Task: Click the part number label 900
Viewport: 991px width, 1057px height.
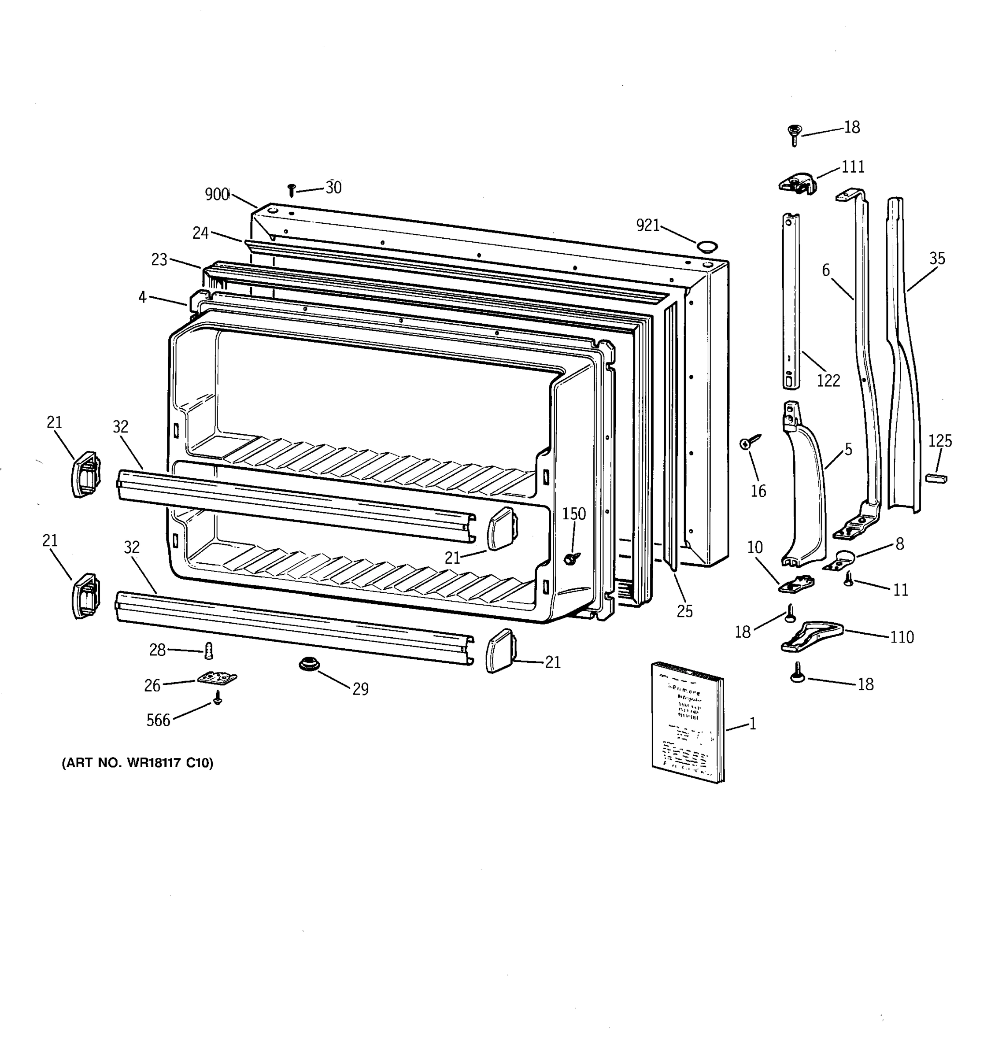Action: (217, 195)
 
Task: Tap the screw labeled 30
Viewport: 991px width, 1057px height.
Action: (291, 190)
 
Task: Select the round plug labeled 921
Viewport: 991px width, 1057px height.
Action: (706, 246)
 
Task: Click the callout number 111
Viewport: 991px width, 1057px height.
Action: (853, 167)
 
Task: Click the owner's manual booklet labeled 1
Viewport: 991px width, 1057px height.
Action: (688, 721)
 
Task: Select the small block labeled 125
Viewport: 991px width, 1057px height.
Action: (936, 478)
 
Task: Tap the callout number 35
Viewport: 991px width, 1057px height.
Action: (937, 259)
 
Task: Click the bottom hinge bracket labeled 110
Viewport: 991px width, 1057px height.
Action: (811, 636)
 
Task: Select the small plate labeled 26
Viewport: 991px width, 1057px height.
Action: (217, 678)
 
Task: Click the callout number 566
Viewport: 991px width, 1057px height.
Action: (158, 721)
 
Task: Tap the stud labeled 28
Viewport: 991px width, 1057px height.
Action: (208, 650)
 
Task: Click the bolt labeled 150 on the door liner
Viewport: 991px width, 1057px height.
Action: (571, 558)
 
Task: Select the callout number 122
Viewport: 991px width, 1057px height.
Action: (828, 380)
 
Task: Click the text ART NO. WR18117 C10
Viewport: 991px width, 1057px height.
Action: (138, 763)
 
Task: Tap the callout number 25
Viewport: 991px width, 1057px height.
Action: (684, 611)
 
